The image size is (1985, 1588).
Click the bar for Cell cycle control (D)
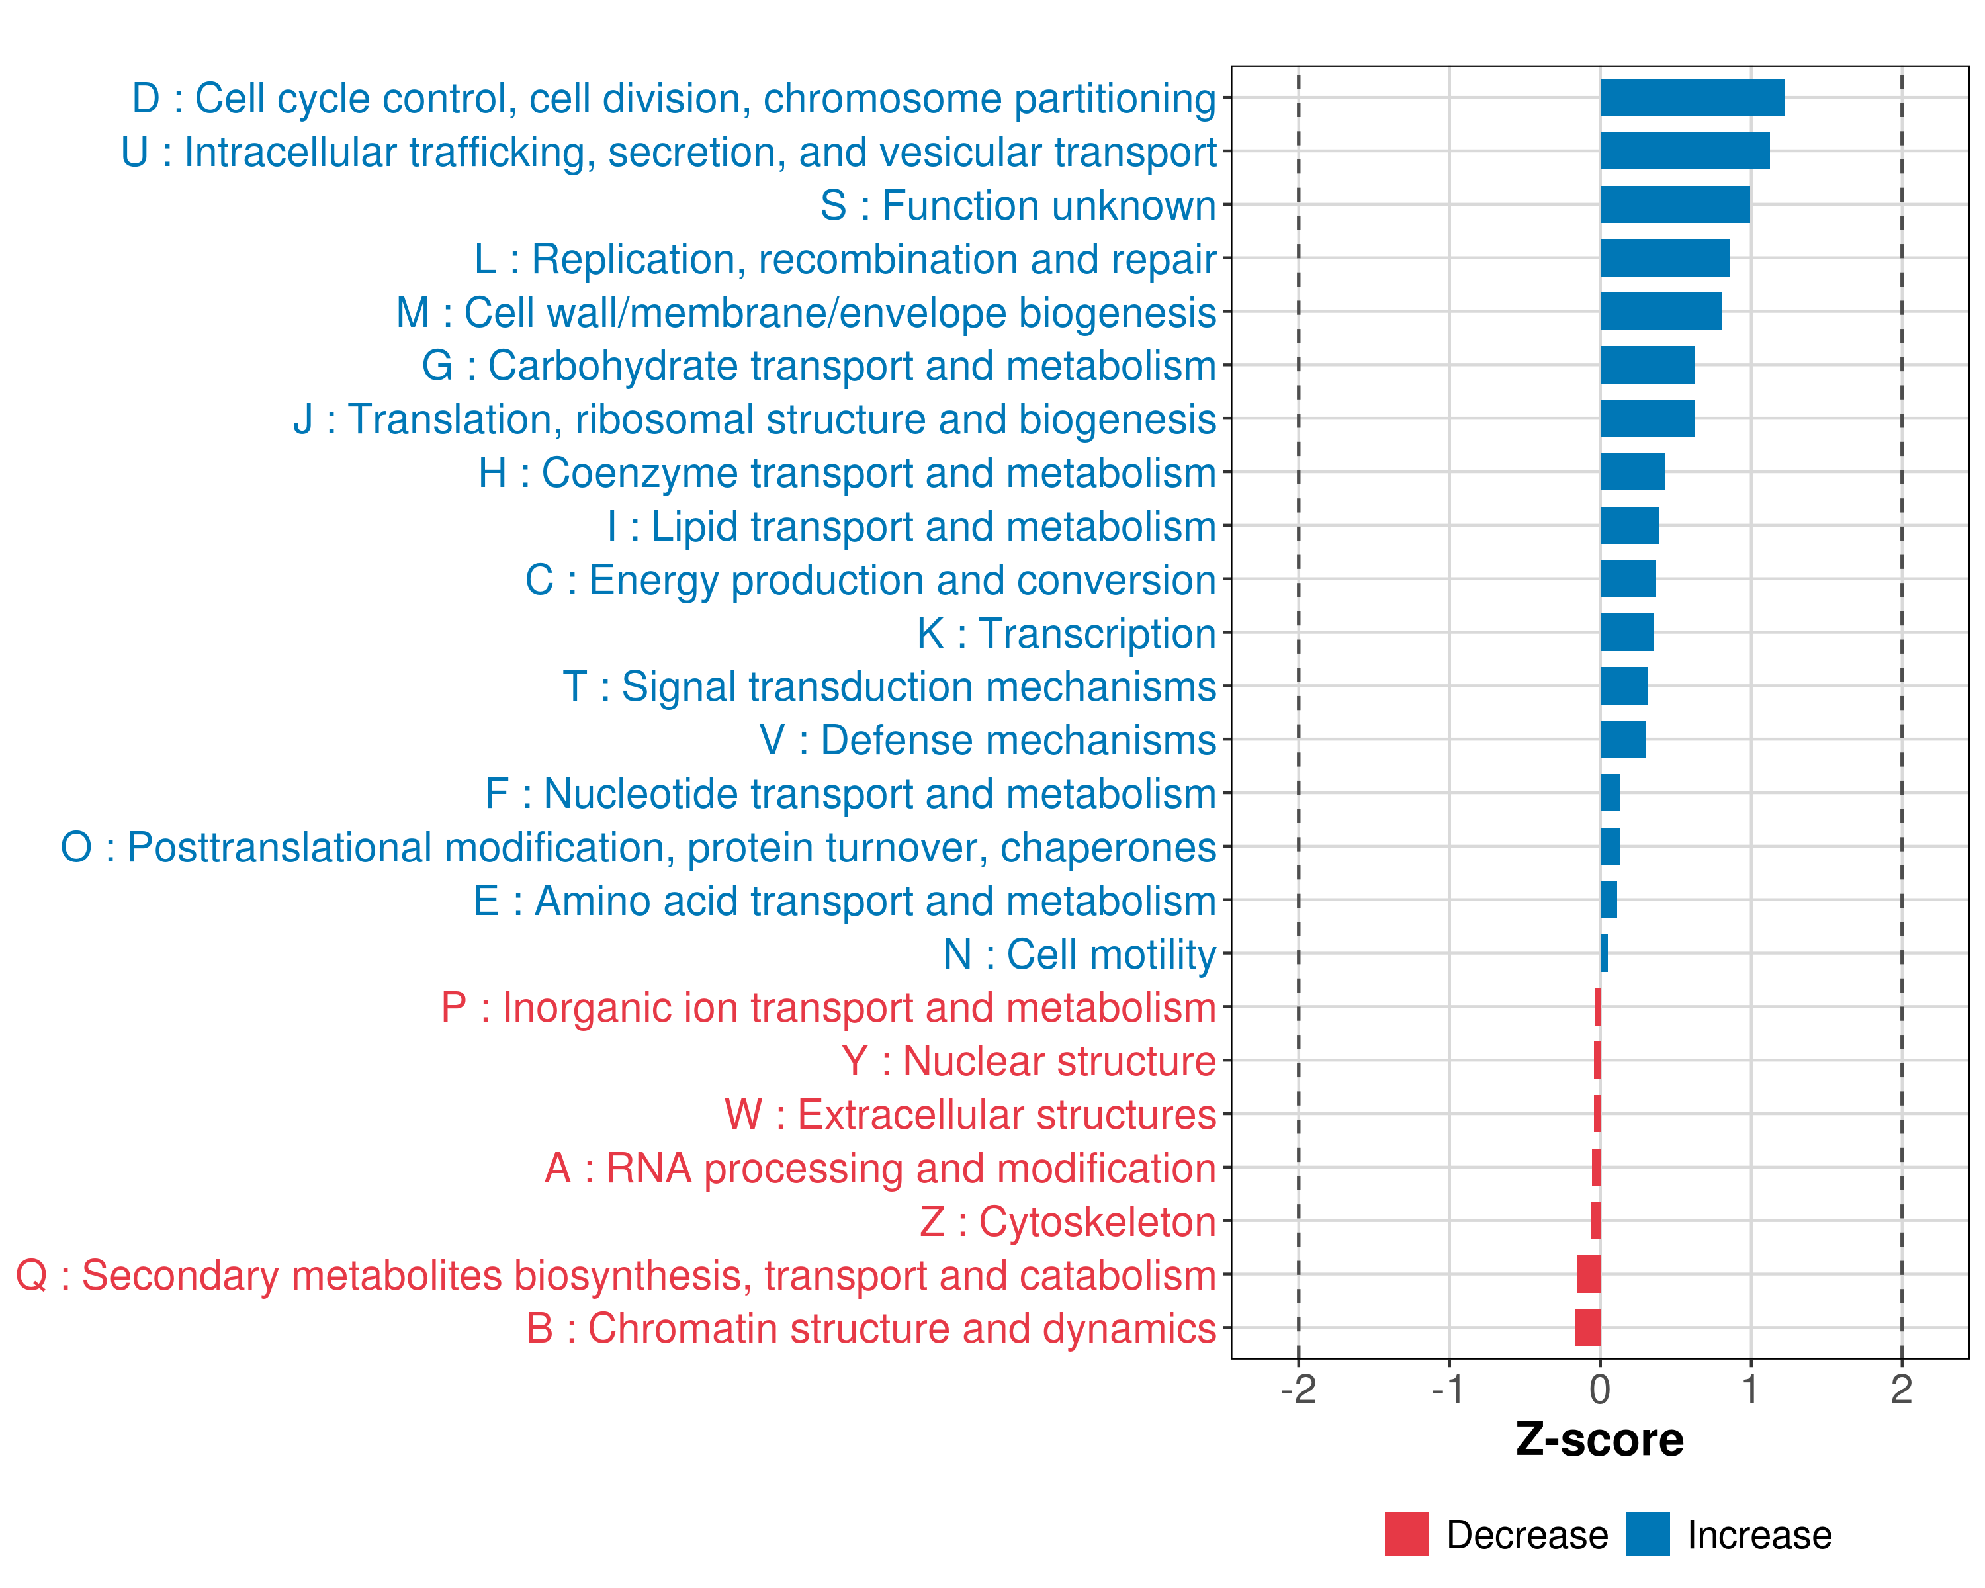click(x=1693, y=97)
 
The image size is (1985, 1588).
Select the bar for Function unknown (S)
click(x=1675, y=204)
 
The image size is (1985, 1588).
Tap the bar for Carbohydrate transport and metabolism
click(x=1647, y=365)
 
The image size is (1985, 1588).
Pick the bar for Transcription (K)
click(x=1627, y=633)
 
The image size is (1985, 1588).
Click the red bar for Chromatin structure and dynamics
click(x=1587, y=1327)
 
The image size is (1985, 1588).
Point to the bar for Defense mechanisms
click(x=1622, y=739)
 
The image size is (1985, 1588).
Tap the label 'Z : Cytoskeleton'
click(x=1068, y=1221)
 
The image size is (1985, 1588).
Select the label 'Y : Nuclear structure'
click(x=1028, y=1061)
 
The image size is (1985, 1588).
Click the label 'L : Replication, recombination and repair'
click(x=845, y=259)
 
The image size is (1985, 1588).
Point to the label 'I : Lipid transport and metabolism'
click(x=912, y=527)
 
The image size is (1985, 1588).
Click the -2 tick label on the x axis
click(x=1298, y=1390)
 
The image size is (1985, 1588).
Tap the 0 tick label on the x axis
click(x=1600, y=1390)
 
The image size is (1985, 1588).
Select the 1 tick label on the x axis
click(x=1750, y=1390)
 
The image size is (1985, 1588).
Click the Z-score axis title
click(x=1600, y=1440)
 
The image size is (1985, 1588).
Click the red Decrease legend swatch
click(x=1406, y=1534)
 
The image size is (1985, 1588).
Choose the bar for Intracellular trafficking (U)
click(x=1685, y=151)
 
